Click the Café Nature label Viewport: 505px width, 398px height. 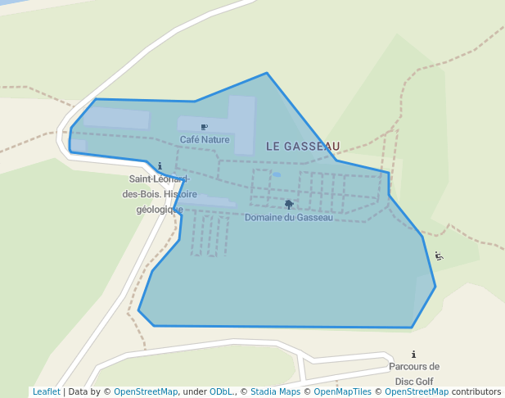205,140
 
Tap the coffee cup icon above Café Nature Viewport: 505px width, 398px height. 204,127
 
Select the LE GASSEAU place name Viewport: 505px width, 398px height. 303,146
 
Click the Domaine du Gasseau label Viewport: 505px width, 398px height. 289,218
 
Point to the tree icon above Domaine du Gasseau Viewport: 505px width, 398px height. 289,204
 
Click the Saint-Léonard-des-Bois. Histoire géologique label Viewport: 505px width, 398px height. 160,194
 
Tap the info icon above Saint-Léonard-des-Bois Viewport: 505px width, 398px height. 160,166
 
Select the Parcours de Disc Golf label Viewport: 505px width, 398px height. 413,373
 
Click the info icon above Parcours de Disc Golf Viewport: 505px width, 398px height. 414,355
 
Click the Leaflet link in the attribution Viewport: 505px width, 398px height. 46,392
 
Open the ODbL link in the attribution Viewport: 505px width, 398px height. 221,392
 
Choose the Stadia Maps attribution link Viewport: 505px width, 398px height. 275,392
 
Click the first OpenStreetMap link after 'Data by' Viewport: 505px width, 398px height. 146,392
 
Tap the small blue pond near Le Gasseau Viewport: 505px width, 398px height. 277,174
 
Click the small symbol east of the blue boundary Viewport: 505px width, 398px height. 440,256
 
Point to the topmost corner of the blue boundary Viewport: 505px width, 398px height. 266,73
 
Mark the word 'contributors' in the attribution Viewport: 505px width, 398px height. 476,392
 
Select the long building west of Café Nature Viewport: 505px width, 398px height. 116,118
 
